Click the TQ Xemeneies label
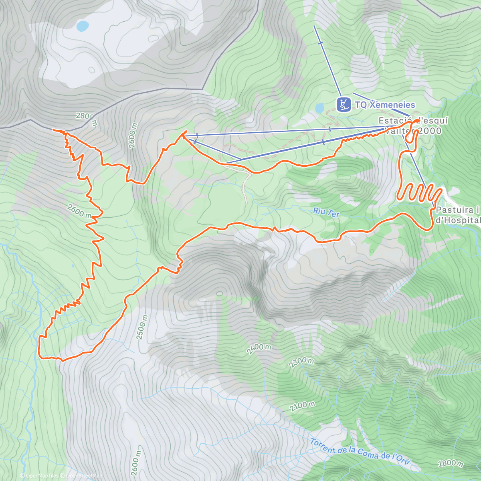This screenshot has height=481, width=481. pyautogui.click(x=385, y=105)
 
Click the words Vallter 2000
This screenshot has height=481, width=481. pyautogui.click(x=413, y=131)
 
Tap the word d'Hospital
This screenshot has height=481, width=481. pyautogui.click(x=458, y=220)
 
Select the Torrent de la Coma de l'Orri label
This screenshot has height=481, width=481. pyautogui.click(x=360, y=451)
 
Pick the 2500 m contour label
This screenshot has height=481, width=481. pyautogui.click(x=142, y=327)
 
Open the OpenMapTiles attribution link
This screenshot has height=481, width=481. pyautogui.click(x=39, y=476)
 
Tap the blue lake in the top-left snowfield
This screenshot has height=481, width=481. pyautogui.click(x=83, y=26)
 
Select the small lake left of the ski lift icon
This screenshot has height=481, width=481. pyautogui.click(x=319, y=108)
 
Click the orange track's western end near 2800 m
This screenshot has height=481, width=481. pyautogui.click(x=54, y=129)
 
